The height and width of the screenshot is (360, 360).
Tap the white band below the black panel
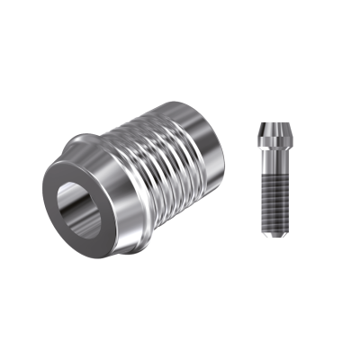[x=180, y=324]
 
